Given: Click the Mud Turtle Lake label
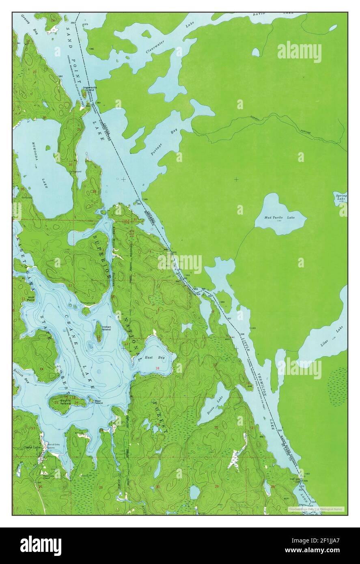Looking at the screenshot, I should (x=280, y=218).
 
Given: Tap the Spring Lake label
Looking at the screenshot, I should (x=341, y=197).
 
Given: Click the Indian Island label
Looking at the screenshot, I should (x=107, y=328).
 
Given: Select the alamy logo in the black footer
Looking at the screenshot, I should (x=41, y=544).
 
